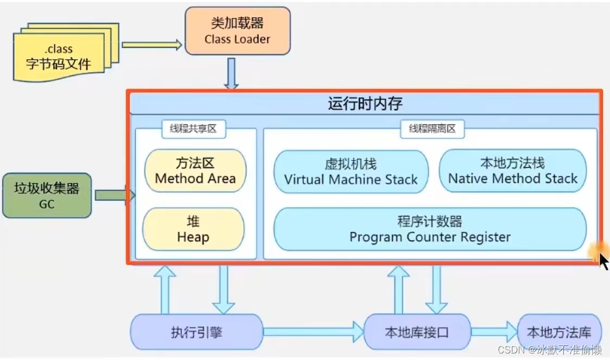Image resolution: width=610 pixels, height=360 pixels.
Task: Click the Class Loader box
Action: pos(238,31)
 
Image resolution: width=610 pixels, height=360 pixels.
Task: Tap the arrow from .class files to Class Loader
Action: pos(151,45)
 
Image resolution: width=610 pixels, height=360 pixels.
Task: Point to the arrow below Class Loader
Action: pos(232,73)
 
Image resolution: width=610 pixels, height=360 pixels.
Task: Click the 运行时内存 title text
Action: pos(365,103)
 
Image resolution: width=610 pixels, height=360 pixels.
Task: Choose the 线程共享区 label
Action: pos(194,129)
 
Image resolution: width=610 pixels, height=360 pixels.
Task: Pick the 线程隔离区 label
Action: pos(432,129)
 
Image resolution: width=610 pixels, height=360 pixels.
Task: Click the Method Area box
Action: pos(195,171)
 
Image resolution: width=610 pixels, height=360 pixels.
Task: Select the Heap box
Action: pos(193,230)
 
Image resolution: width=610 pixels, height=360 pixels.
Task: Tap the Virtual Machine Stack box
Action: pos(351,172)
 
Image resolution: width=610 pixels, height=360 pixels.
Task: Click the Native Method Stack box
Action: pos(512,171)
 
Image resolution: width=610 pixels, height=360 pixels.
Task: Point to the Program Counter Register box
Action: pos(430,229)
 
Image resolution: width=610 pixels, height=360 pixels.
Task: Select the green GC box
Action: pos(47,195)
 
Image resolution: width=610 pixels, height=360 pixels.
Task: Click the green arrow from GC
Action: pos(113,195)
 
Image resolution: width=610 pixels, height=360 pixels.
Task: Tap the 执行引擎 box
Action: pos(196,332)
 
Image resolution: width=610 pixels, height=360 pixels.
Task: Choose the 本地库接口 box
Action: pos(417,332)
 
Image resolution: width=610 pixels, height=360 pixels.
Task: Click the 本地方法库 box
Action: pos(559,332)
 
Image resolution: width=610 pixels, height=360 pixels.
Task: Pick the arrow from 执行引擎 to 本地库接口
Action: pos(313,331)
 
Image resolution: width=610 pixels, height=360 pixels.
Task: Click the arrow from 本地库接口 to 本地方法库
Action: pos(494,331)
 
